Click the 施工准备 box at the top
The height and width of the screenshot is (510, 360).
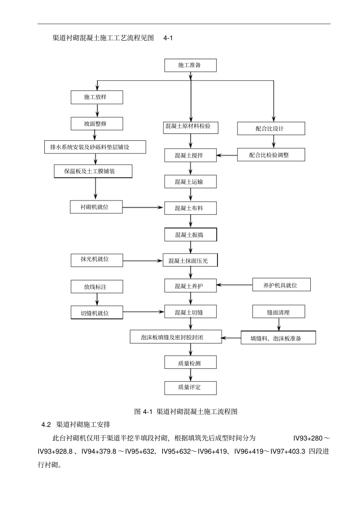(x=190, y=65)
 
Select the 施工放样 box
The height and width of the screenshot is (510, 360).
(x=97, y=97)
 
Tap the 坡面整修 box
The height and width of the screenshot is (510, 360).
(x=97, y=124)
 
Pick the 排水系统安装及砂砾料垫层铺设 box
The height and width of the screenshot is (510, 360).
(x=95, y=147)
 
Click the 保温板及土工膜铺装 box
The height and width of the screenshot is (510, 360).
(x=93, y=171)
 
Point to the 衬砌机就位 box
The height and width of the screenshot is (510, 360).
(x=96, y=207)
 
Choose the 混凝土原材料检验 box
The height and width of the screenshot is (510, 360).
(x=191, y=127)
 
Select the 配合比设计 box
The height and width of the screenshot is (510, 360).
(x=271, y=129)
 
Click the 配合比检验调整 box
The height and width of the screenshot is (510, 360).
(x=271, y=155)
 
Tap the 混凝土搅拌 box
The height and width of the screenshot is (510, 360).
(x=190, y=155)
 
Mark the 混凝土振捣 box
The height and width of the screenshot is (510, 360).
(x=190, y=235)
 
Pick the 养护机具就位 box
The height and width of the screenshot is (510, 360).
(x=281, y=285)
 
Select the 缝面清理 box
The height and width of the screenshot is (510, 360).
(x=279, y=312)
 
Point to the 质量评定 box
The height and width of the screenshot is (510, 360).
(x=190, y=388)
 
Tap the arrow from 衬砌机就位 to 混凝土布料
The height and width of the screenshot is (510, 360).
(x=143, y=207)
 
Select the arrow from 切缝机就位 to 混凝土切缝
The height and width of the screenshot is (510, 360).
(x=143, y=312)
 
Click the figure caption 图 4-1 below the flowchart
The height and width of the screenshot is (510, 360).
(x=186, y=411)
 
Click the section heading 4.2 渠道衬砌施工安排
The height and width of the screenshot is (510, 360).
(x=76, y=424)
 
